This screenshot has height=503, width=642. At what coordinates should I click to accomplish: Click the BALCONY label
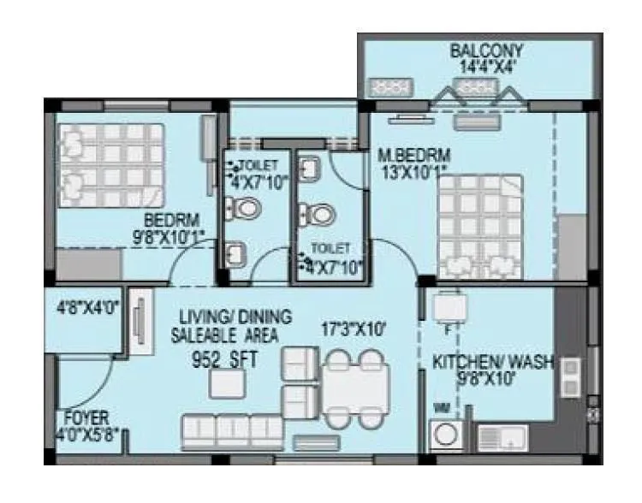point(486,50)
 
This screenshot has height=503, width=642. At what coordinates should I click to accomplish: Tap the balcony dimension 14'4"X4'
point(486,67)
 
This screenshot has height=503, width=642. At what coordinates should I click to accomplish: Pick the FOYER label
point(86,418)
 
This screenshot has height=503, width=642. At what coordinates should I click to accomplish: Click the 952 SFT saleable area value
point(225,359)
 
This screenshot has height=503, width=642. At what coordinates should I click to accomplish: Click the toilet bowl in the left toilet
point(247,206)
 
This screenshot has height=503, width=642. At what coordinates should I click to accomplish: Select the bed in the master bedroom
point(479,226)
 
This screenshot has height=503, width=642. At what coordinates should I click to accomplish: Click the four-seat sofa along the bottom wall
point(231,430)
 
